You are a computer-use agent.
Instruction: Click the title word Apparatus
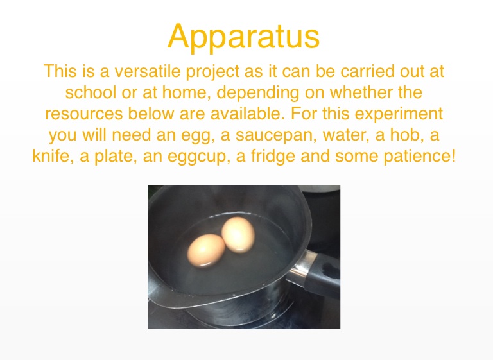pos(244,37)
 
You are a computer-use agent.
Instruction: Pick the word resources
pos(84,114)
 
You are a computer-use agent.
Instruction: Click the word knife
pos(53,156)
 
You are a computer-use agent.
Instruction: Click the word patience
pos(420,157)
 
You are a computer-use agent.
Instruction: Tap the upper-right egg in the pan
pos(238,235)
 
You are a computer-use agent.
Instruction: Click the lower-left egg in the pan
pos(206,250)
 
